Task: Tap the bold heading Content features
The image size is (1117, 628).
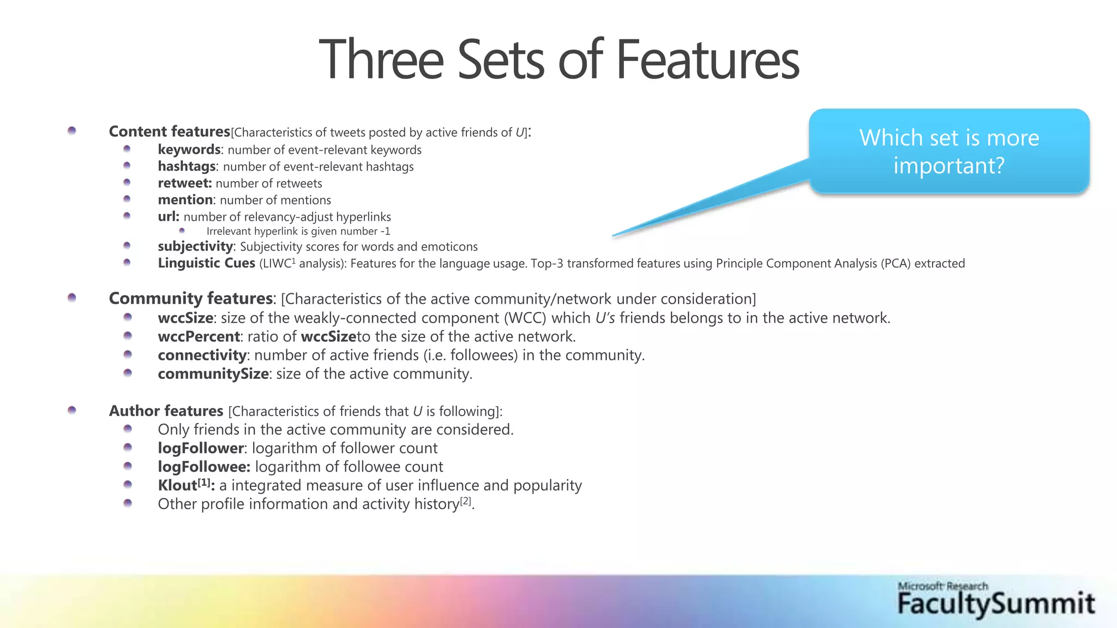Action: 169,131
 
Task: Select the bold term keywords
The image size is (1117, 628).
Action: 189,149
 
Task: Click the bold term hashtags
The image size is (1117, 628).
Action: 187,166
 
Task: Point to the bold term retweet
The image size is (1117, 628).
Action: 184,183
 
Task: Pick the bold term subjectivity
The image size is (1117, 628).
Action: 195,246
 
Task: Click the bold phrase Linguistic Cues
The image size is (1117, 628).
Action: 206,263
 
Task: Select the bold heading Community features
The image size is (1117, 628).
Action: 190,298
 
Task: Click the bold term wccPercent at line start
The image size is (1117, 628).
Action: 199,336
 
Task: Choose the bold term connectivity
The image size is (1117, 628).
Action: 202,355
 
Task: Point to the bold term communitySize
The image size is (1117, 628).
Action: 213,373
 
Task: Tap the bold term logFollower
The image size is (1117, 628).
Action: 200,448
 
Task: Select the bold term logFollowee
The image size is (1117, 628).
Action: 203,467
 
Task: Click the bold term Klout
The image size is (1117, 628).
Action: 177,485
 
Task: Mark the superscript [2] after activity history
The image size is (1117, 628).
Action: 465,500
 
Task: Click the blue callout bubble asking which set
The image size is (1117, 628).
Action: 949,152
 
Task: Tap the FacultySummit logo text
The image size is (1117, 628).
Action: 996,604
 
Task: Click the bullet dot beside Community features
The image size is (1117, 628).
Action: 72,297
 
